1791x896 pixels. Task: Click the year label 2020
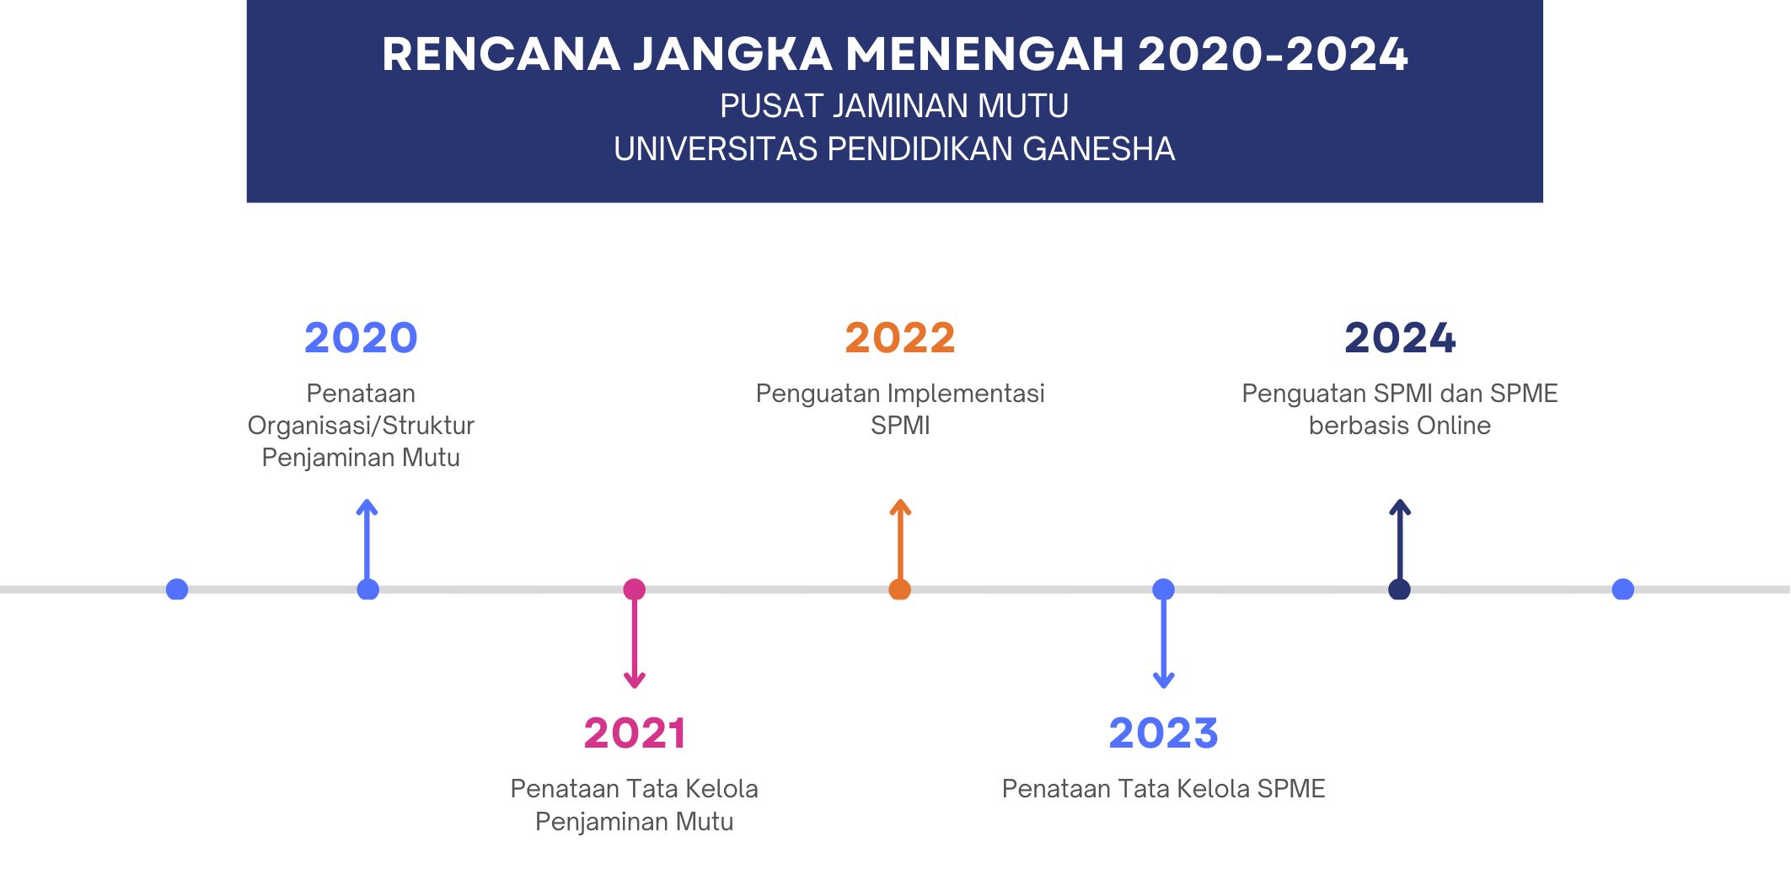click(361, 338)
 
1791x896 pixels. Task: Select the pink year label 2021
click(635, 733)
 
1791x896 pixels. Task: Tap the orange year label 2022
click(900, 338)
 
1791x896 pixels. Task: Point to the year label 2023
click(1163, 733)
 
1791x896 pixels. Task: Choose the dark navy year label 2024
click(1400, 338)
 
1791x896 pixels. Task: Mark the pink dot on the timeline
click(635, 589)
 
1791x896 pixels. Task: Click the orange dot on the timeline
click(900, 589)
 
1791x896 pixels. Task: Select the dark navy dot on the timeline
click(1400, 589)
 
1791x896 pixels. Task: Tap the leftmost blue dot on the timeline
click(177, 589)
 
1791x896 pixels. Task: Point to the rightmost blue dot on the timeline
click(1623, 589)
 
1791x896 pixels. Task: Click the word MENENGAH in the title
click(985, 54)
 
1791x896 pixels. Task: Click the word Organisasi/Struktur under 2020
click(361, 426)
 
